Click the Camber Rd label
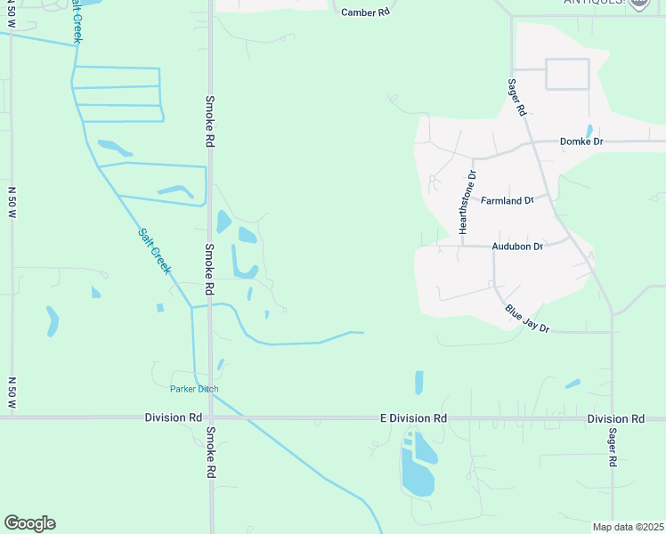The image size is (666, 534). click(366, 13)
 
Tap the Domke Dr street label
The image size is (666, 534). click(581, 142)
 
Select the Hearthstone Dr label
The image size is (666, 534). click(463, 204)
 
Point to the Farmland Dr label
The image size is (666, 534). click(507, 201)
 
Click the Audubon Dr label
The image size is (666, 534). click(517, 247)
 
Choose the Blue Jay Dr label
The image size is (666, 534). click(527, 319)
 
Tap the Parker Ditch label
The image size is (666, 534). click(194, 389)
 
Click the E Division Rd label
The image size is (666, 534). click(413, 418)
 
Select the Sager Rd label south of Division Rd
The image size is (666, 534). click(613, 448)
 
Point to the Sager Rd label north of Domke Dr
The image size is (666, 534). click(517, 98)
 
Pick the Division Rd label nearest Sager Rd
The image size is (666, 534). click(615, 418)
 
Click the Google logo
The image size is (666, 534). click(29, 523)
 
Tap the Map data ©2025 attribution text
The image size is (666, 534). click(628, 527)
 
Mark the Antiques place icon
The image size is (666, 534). click(638, 4)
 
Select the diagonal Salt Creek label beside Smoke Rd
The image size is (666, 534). click(153, 250)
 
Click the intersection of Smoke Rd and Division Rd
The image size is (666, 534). click(211, 417)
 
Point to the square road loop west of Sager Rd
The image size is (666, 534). click(567, 74)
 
